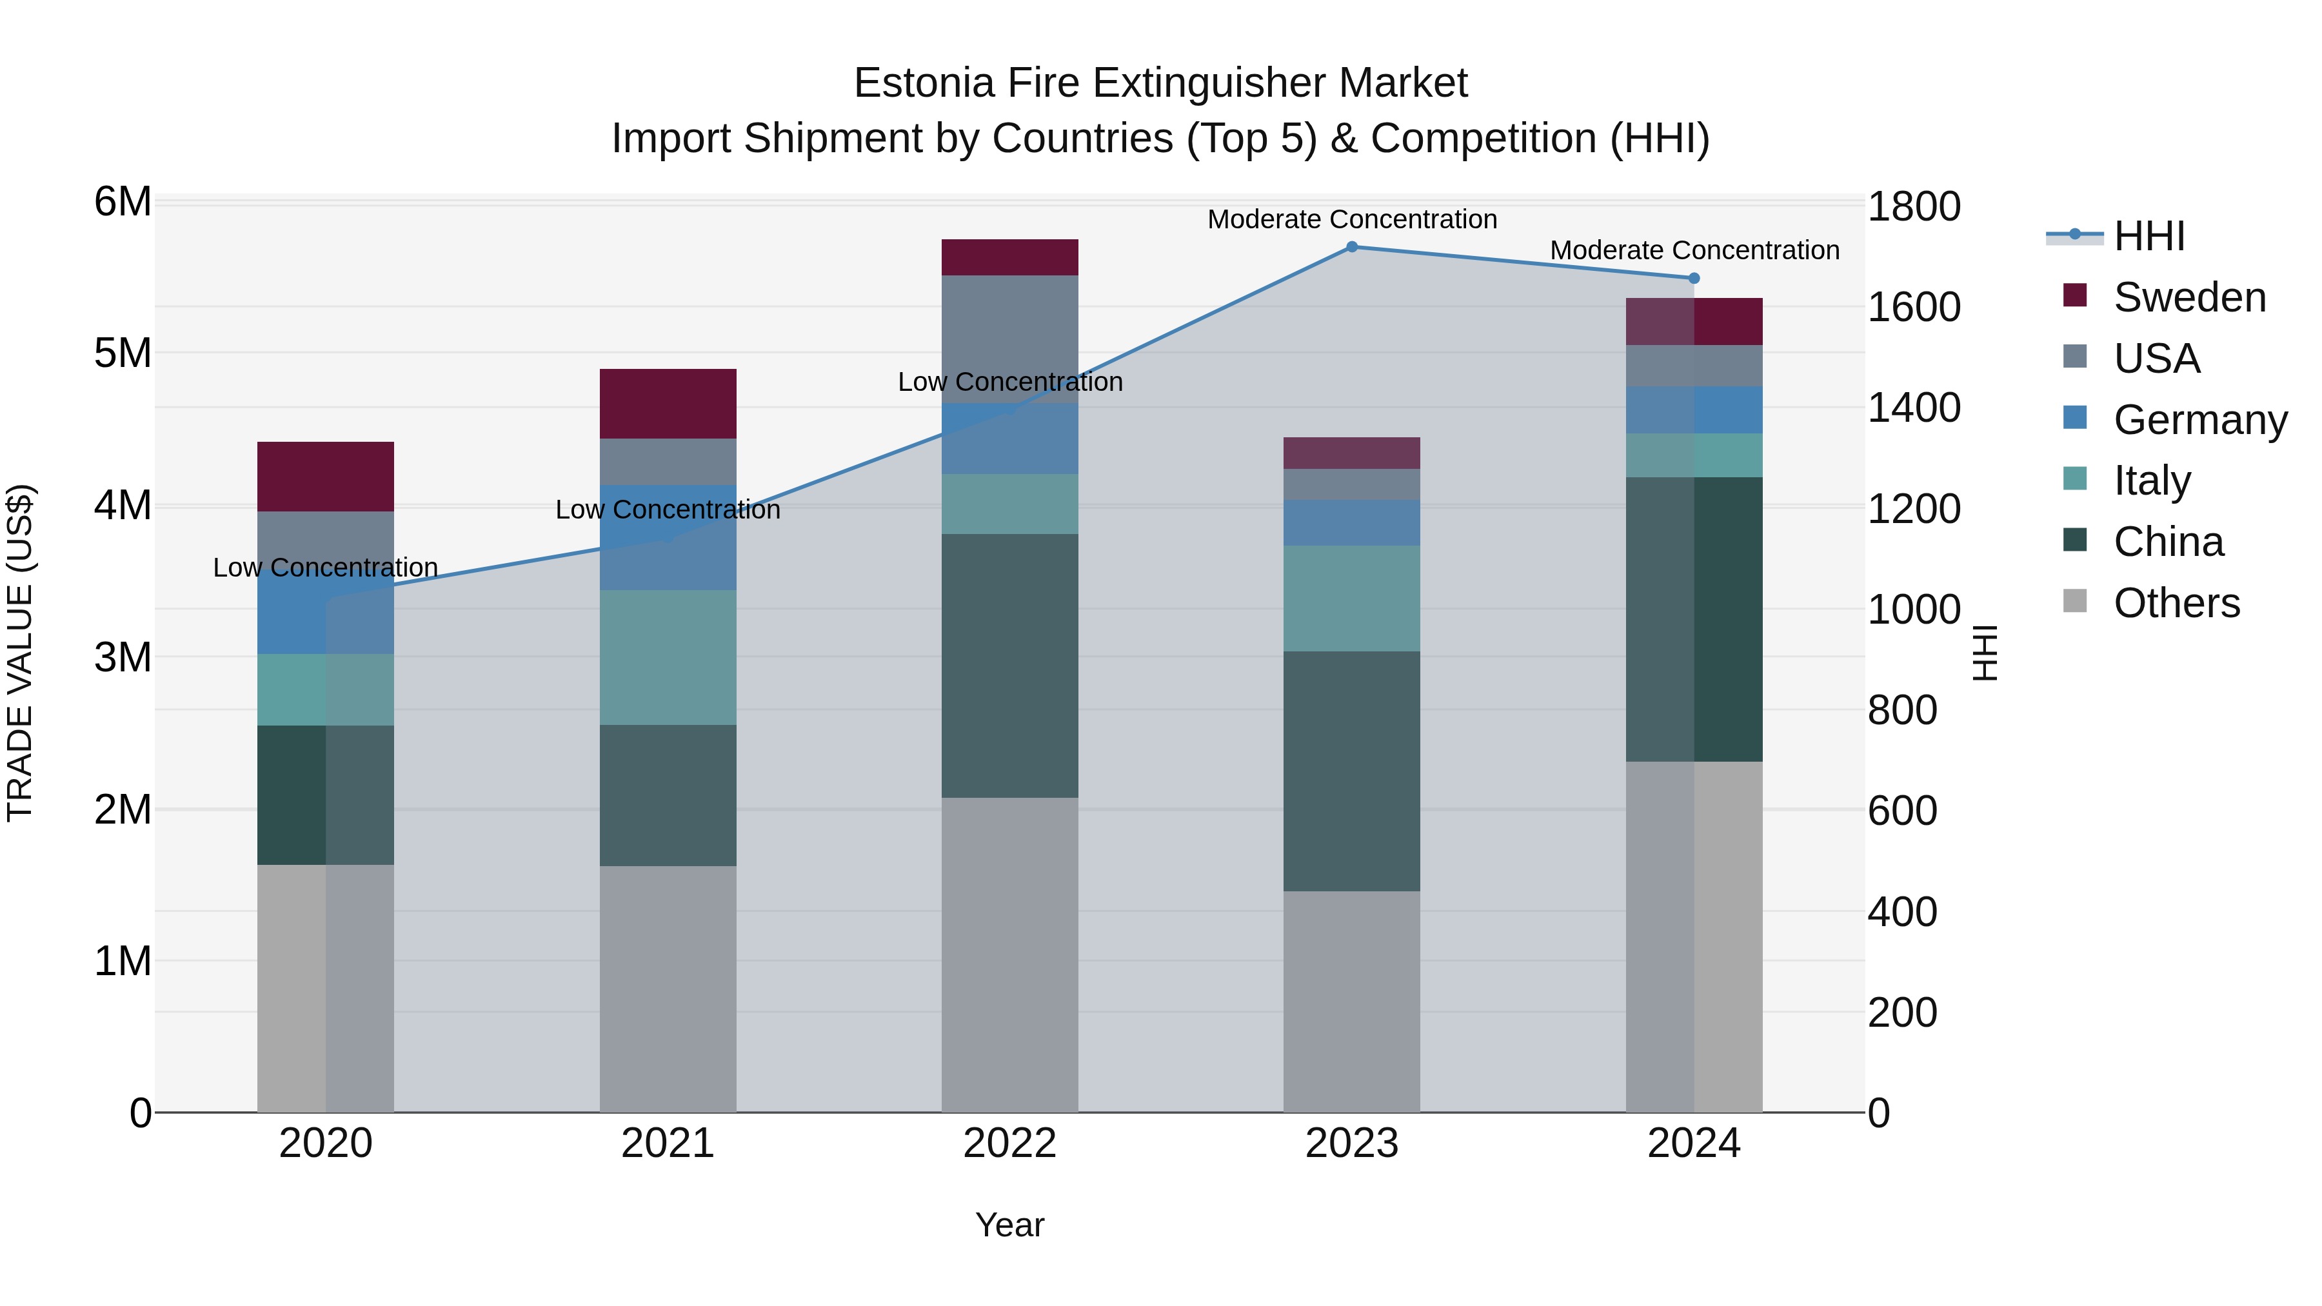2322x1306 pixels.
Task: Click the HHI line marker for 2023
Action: pos(1351,247)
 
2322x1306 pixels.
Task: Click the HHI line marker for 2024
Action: pos(1694,279)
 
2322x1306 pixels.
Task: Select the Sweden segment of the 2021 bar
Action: pos(668,404)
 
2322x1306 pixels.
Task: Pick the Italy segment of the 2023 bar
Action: pos(1351,599)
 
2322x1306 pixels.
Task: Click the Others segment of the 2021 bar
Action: pos(668,989)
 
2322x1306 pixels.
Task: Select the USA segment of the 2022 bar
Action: pos(1009,339)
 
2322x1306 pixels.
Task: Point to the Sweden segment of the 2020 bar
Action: pos(326,477)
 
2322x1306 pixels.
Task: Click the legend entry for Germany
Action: pos(2199,420)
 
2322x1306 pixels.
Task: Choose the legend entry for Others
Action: pos(2176,603)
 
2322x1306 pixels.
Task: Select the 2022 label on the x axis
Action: pos(1009,1143)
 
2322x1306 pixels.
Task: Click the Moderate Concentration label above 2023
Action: pos(1351,219)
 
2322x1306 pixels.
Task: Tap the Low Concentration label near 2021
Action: pos(668,510)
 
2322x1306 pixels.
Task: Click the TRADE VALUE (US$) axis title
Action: pos(20,653)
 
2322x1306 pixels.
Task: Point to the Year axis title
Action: pos(1009,1225)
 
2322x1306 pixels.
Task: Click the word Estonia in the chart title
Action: pos(924,83)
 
